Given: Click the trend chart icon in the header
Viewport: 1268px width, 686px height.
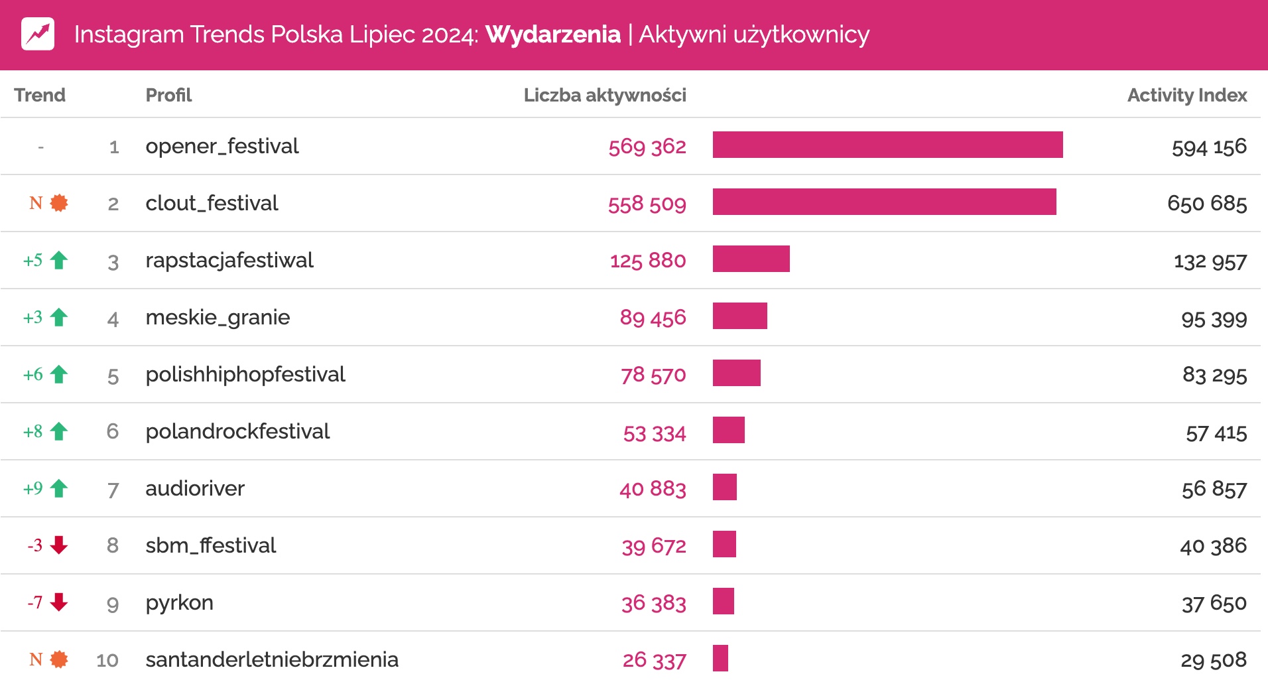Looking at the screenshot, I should coord(38,34).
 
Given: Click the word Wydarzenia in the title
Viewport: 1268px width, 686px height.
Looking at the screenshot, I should coord(552,34).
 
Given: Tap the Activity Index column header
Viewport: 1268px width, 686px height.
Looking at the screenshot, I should coord(1186,96).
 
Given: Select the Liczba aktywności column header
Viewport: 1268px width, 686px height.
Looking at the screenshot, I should coord(604,96).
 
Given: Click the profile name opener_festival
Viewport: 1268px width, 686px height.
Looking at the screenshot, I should coord(222,146).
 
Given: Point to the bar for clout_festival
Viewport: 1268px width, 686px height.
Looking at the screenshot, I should coord(884,202).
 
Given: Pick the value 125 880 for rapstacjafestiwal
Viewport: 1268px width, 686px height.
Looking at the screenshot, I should coord(647,260).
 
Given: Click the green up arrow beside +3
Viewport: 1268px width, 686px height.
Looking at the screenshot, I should coord(59,317).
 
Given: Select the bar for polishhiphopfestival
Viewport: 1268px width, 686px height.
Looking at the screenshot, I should coord(736,373).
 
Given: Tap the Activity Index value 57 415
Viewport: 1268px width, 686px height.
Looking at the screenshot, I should coord(1216,433).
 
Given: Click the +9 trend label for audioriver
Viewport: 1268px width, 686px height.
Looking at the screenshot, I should coord(33,489).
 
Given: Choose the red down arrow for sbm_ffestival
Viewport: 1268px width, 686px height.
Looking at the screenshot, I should coord(59,545).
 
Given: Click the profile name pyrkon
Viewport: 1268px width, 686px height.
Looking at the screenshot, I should coord(179,602).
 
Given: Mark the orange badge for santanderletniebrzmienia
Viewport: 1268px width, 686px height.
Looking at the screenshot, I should coord(59,659).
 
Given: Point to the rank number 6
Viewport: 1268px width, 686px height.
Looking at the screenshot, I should coord(113,431).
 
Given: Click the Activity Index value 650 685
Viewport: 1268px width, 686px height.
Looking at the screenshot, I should coord(1206,203).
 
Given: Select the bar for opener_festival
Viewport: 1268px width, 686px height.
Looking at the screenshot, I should coord(887,145).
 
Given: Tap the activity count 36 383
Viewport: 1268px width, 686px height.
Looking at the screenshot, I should coord(653,602).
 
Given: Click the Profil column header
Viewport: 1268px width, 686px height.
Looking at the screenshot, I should coord(168,96).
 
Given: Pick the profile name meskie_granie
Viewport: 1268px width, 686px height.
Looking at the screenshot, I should coord(218,317).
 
